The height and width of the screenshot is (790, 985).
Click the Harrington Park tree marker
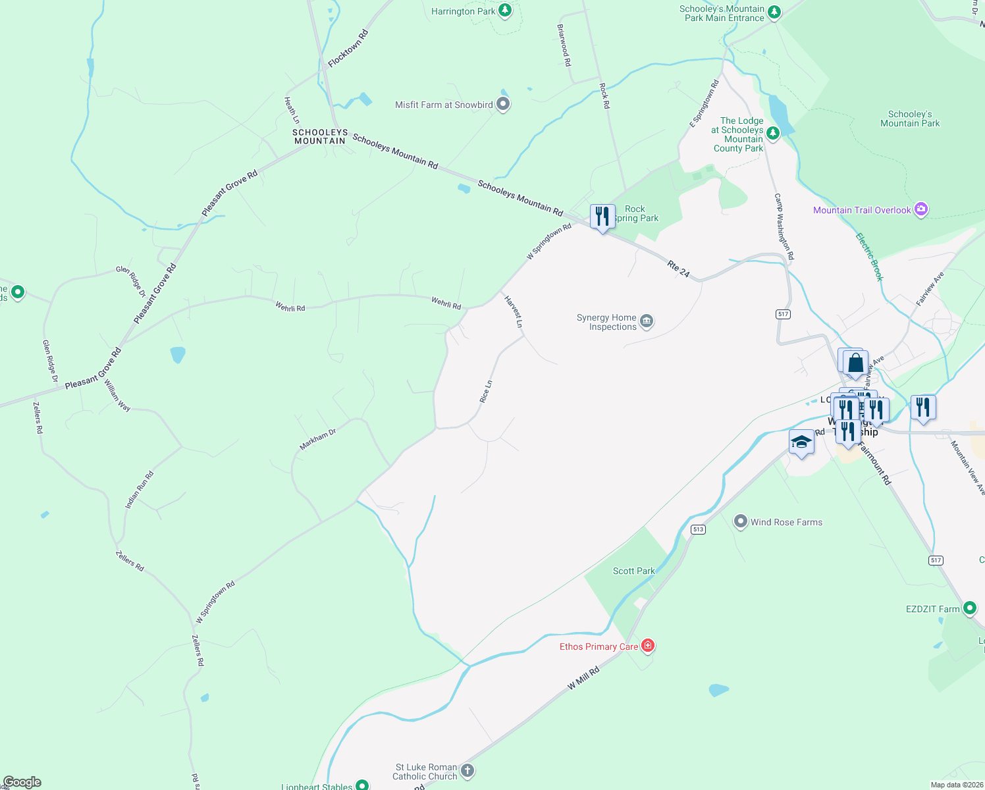[x=504, y=11]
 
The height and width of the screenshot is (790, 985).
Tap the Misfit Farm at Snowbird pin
[x=503, y=104]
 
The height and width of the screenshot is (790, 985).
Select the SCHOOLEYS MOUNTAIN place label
[x=320, y=137]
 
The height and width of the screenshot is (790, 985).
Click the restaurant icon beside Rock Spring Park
[x=602, y=216]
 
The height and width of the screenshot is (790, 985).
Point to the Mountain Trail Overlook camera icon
[x=921, y=210]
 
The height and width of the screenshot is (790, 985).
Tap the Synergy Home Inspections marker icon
[x=647, y=321]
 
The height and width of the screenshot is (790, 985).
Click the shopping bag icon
[x=855, y=363]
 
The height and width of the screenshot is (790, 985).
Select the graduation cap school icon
[x=801, y=442]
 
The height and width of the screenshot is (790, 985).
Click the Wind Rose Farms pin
[x=741, y=522]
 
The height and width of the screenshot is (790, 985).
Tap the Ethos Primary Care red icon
[x=648, y=646]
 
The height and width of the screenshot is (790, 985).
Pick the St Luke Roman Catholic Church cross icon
[x=467, y=770]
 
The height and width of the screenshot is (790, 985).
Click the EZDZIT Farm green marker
[x=969, y=608]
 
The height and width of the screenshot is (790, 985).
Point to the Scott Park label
[x=633, y=571]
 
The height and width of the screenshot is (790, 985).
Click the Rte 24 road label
[x=678, y=269]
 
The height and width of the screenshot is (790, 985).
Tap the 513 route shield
[x=698, y=529]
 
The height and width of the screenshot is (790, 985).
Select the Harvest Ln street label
[x=514, y=311]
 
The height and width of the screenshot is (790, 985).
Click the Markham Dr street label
[x=317, y=440]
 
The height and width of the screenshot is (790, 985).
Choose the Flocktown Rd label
[x=348, y=48]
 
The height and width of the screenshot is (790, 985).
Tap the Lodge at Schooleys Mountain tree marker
[x=773, y=134]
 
